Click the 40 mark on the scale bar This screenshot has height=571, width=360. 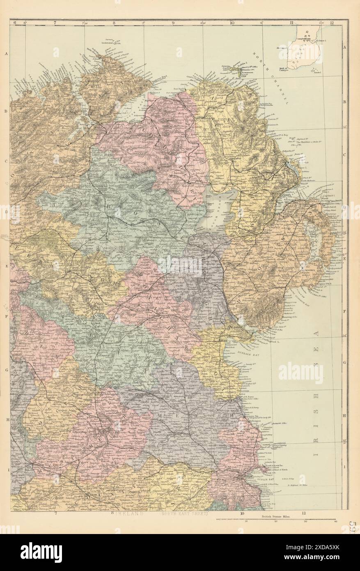point(335,523)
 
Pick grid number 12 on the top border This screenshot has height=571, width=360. point(331,23)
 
